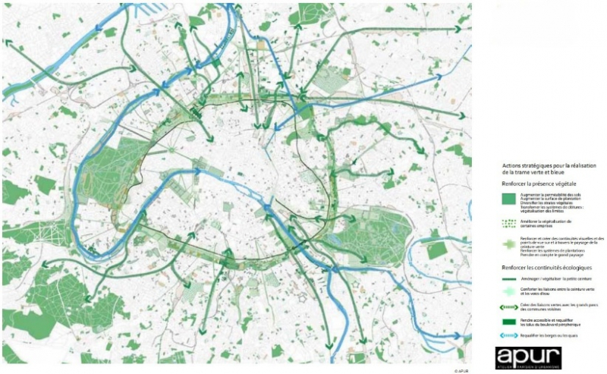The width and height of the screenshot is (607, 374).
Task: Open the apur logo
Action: point(527,358)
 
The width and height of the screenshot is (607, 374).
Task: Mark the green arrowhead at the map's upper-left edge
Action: point(9,43)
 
